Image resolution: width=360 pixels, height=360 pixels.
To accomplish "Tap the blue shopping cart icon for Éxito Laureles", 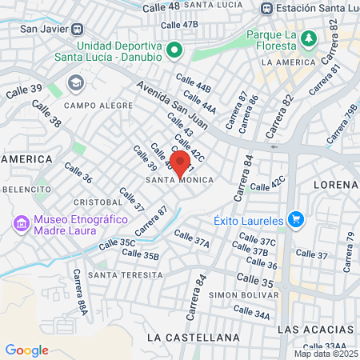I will tap(296, 218).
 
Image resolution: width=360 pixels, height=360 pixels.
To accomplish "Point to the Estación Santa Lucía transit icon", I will tap(266, 9).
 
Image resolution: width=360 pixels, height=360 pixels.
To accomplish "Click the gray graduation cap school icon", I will tap(75, 82).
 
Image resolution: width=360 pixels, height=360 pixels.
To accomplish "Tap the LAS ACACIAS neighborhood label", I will tap(315, 330).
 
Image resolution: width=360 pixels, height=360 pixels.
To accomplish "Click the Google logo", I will tap(26, 350).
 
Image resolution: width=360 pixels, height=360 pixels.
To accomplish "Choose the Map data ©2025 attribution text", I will tap(326, 354).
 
